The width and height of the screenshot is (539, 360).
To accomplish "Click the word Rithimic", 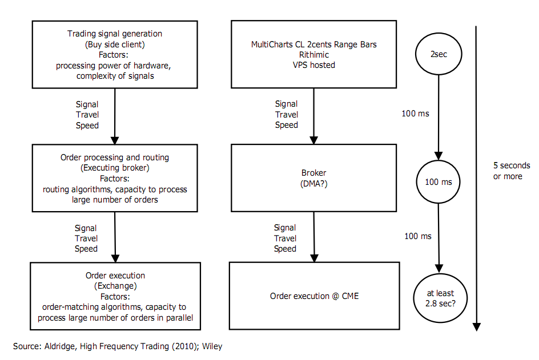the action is (x=314, y=55).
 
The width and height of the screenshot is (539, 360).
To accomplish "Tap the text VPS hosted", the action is (x=314, y=65).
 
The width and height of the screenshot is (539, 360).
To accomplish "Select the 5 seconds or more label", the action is (x=512, y=171).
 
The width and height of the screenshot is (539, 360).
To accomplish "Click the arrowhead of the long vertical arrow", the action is (x=476, y=327).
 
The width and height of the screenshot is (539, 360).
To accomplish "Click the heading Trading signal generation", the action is (x=114, y=34).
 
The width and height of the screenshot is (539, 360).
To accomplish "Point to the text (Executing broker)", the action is (x=115, y=168).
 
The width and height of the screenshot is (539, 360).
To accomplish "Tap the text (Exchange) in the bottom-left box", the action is (x=115, y=286).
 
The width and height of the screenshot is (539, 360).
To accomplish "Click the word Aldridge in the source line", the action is (x=60, y=346).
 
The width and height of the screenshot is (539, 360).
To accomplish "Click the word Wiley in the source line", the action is (x=212, y=346).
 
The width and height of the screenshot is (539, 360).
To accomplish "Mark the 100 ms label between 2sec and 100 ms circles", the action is (x=415, y=114).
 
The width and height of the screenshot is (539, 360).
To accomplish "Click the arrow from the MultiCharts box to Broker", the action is (x=313, y=116).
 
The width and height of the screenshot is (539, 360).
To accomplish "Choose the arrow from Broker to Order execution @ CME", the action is (x=314, y=237).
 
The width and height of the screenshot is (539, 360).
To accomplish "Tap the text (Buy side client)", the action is (x=115, y=45).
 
